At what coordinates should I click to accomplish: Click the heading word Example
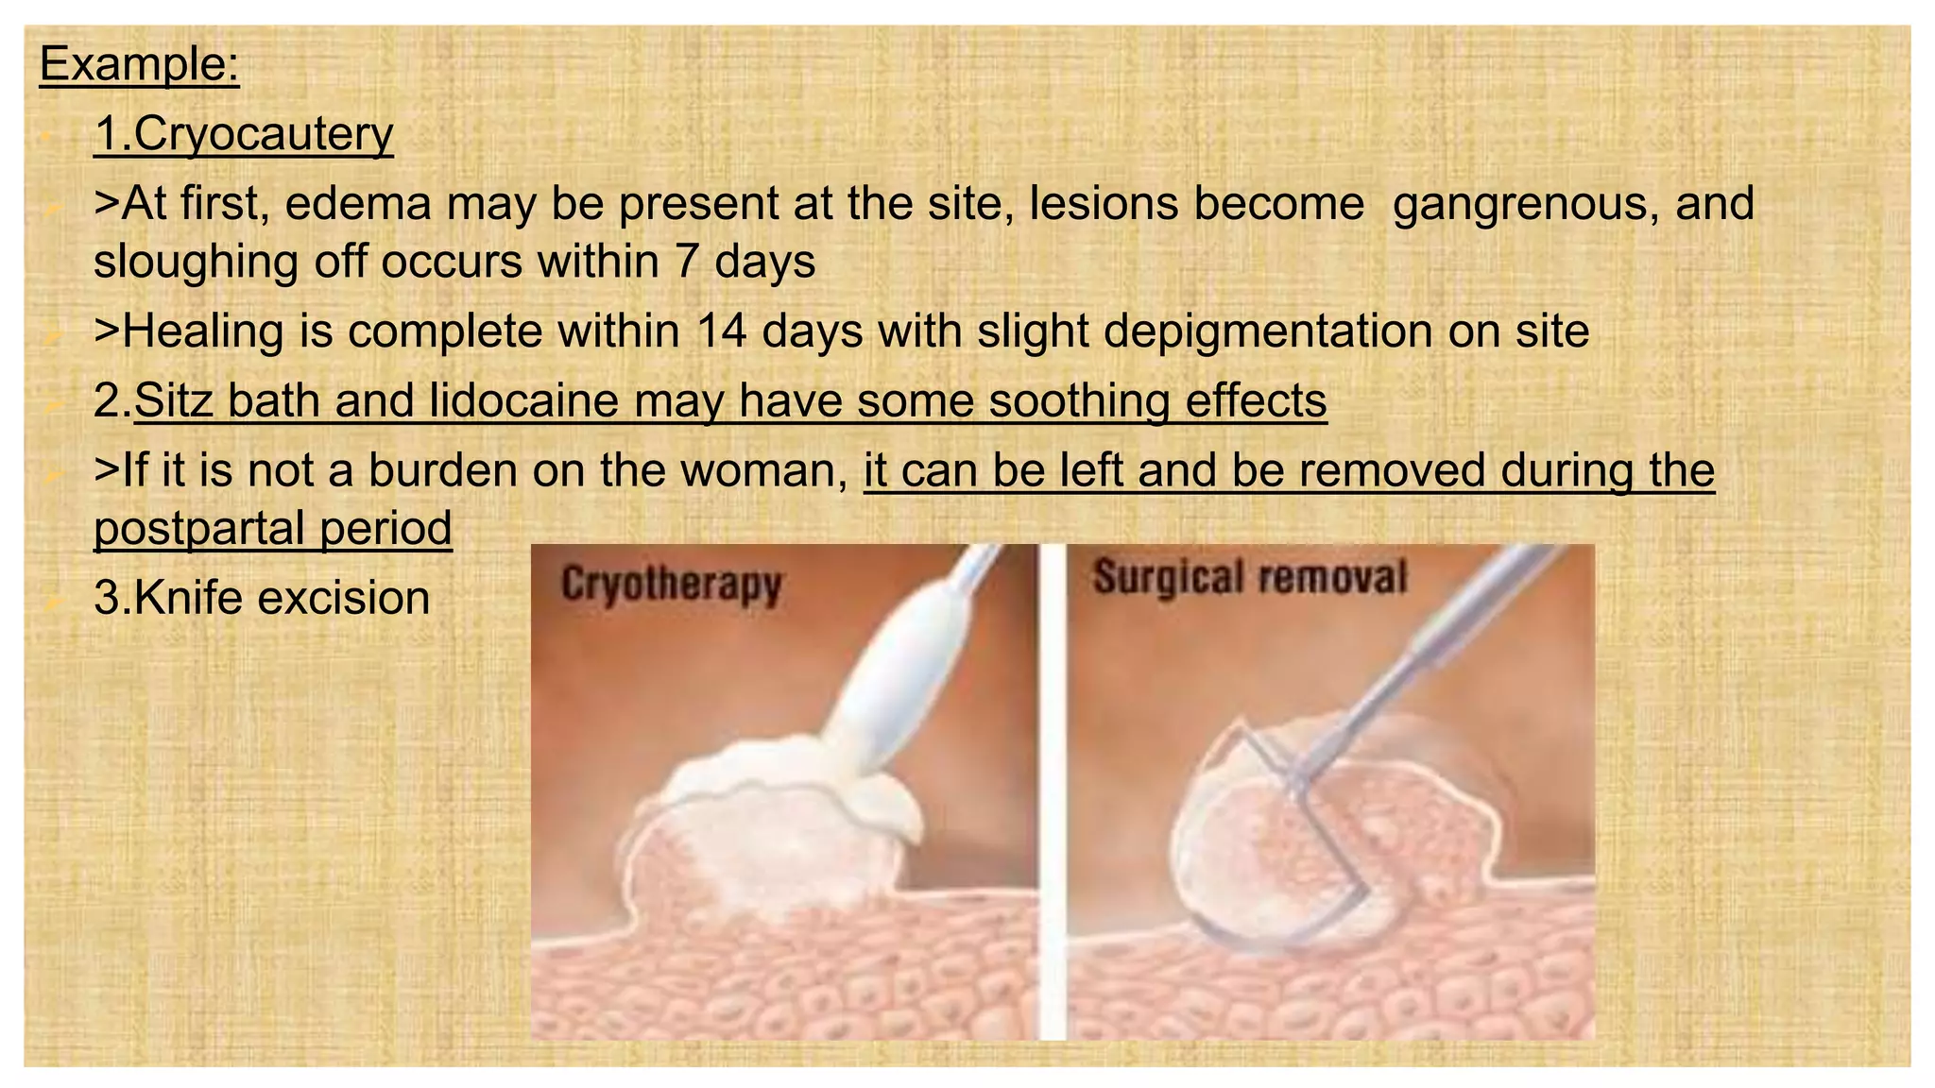click(x=138, y=64)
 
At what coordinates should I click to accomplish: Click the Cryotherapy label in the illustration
click(x=671, y=584)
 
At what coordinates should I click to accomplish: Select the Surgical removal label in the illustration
click(x=1249, y=577)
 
